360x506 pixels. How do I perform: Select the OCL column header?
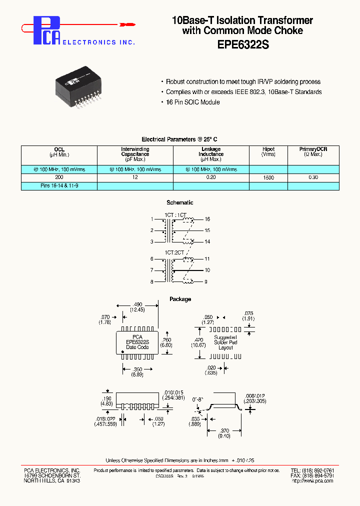pos(59,149)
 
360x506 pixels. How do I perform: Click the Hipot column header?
pos(268,149)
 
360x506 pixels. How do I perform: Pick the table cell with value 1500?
pos(268,177)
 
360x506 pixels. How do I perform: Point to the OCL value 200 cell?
pos(59,177)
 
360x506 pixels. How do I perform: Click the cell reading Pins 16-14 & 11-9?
pos(59,186)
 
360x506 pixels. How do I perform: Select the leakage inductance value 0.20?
pos(210,177)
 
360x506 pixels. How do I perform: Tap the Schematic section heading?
pos(180,202)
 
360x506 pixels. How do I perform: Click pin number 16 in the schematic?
pos(207,219)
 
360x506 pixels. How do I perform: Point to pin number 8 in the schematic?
pos(151,281)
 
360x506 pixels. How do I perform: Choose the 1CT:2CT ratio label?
pos(174,252)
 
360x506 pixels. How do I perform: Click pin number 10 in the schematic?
pos(207,270)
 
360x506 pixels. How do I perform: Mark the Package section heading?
pos(180,299)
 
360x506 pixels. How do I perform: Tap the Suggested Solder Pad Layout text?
pos(226,342)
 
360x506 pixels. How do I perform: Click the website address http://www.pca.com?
pos(312,481)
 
